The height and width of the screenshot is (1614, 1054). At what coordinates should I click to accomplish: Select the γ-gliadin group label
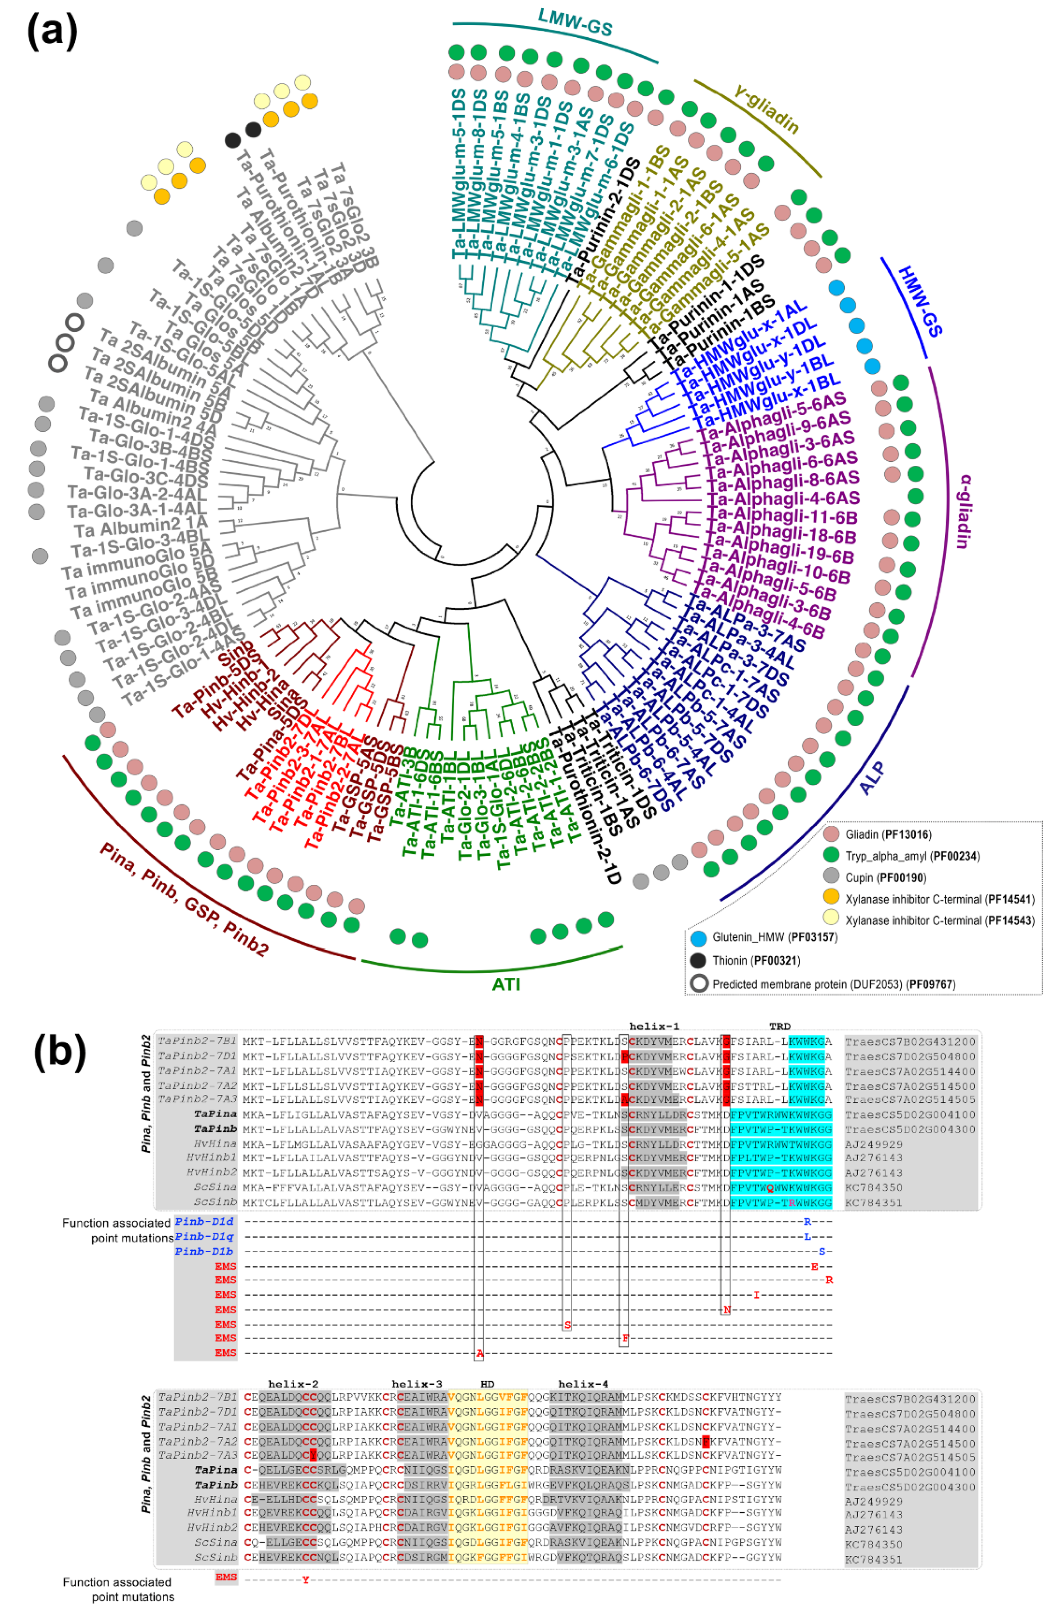pyautogui.click(x=766, y=108)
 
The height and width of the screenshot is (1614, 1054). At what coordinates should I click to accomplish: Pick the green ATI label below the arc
pyautogui.click(x=506, y=983)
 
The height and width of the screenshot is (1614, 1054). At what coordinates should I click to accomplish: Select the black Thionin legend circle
pyautogui.click(x=699, y=960)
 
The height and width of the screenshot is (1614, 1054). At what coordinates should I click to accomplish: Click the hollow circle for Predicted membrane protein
pyautogui.click(x=699, y=983)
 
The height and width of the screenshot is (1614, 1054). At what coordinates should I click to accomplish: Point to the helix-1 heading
pyautogui.click(x=654, y=1026)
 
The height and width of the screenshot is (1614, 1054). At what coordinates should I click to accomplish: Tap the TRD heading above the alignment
pyautogui.click(x=779, y=1026)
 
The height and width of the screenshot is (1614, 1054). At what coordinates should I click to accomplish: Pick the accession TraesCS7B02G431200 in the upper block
pyautogui.click(x=910, y=1041)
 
